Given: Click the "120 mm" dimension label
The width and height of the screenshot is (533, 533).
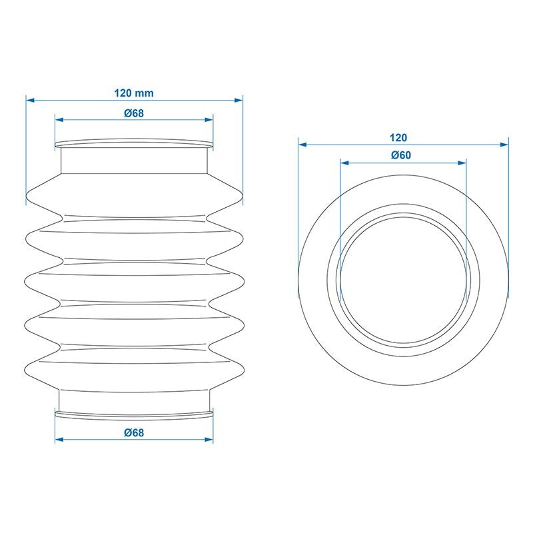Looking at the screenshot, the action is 134,93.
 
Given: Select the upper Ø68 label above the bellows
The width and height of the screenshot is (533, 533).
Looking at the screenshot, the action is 134,113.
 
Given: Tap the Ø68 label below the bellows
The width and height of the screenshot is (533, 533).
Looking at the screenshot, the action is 134,432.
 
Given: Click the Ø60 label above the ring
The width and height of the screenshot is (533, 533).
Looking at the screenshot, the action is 401,155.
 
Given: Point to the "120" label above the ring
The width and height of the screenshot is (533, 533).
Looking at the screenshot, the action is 398,138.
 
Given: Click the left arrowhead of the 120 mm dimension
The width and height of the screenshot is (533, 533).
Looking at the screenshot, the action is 31,101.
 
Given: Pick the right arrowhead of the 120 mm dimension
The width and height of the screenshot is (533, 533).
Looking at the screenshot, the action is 239,101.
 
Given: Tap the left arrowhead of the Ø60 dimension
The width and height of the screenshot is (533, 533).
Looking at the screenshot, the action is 344,163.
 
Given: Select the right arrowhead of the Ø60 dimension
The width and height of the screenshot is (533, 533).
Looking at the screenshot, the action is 462,163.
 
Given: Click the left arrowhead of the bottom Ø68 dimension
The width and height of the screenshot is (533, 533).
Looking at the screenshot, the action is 59,440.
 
